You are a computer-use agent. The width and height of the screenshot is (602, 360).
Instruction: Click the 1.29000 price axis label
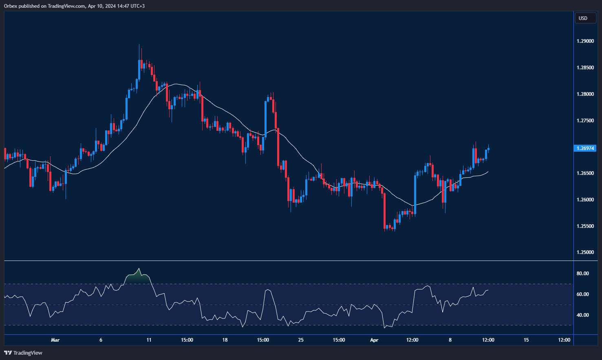(x=585, y=41)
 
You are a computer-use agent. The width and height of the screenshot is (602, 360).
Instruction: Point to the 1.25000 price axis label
(x=585, y=252)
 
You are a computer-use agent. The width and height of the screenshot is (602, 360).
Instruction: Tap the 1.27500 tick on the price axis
(x=585, y=121)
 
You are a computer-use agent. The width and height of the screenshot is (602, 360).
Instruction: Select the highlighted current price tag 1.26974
(x=585, y=148)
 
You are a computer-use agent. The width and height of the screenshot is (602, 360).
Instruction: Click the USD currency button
(x=583, y=18)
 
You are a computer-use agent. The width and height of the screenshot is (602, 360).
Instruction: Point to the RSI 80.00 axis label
(x=582, y=274)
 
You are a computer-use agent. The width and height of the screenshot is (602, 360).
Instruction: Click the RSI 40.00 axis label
(x=582, y=315)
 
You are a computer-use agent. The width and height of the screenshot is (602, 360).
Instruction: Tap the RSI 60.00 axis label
(x=582, y=294)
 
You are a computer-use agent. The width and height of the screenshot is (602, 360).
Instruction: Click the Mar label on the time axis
(x=55, y=340)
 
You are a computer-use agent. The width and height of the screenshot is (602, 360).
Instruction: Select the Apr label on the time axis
(x=374, y=340)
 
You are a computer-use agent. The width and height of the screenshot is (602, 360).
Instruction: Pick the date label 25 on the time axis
(x=301, y=340)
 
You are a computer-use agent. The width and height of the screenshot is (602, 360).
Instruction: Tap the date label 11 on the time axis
(x=149, y=340)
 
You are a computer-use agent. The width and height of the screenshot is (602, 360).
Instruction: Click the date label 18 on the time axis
(x=225, y=340)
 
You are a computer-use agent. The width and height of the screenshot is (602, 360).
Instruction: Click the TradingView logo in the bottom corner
(x=23, y=353)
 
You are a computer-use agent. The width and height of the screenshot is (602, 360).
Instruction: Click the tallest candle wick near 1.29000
(x=139, y=51)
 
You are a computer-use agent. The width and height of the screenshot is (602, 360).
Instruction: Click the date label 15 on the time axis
(x=526, y=340)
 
